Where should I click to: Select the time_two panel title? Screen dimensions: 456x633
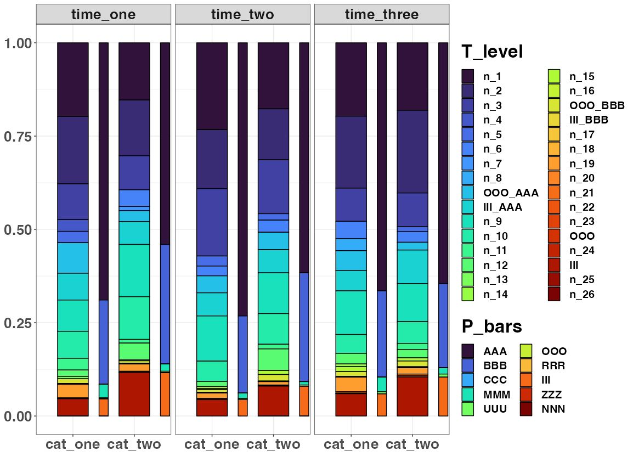click(242, 15)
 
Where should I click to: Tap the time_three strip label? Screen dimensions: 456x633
click(382, 15)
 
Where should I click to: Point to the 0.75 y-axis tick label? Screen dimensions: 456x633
click(18, 136)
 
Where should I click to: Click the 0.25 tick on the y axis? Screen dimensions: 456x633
click(18, 323)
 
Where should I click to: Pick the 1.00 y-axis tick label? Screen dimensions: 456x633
click(18, 43)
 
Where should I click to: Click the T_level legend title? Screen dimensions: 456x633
click(492, 52)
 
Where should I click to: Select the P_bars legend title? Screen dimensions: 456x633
click(492, 326)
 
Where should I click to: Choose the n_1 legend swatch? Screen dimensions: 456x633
click(468, 76)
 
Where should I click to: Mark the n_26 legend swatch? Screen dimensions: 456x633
click(554, 294)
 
